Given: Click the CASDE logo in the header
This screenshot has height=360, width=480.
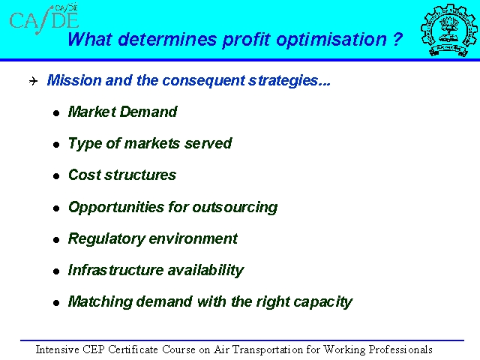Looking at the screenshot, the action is (44, 19).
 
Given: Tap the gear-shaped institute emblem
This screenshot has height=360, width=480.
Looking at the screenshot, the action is (448, 30).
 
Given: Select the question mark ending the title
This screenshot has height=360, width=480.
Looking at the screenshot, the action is (397, 38).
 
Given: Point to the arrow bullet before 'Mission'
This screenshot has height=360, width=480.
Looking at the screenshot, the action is (33, 81).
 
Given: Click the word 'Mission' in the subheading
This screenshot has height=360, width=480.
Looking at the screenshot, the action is (74, 80).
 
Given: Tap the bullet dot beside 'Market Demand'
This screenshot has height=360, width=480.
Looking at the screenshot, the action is (56, 113).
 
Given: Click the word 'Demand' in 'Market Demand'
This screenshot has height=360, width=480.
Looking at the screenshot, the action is (148, 112).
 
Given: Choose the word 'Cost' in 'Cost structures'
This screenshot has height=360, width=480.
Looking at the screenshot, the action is (84, 175).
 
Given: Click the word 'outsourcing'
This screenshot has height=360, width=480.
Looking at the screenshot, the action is (235, 208).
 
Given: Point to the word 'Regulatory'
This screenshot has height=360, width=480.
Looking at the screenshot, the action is (106, 239).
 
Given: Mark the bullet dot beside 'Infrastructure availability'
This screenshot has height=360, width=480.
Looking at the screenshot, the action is (56, 271).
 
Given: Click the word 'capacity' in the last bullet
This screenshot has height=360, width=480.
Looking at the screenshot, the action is (322, 302).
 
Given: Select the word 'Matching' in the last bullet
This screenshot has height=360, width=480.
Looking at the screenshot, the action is (100, 301).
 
